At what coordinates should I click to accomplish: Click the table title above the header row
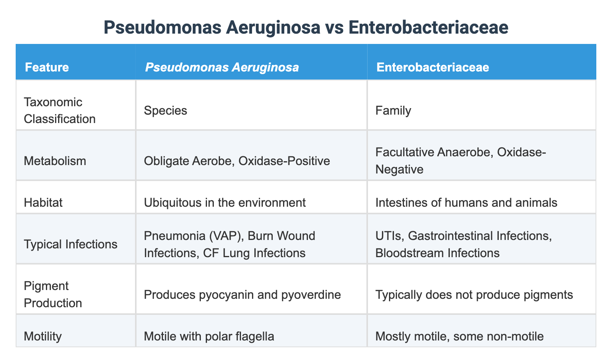(306, 28)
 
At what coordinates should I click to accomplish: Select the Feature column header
(47, 67)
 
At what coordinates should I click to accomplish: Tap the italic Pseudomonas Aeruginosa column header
(221, 67)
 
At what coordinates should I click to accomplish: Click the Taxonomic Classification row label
(59, 110)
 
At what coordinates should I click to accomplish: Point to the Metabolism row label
(55, 160)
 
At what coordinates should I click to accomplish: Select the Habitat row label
(43, 202)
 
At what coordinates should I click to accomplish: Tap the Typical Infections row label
(70, 244)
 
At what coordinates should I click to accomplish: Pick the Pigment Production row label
(53, 294)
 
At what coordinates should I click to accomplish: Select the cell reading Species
(166, 110)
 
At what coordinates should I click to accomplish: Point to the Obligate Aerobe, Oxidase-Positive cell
(237, 160)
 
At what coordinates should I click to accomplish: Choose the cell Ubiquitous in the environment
(225, 202)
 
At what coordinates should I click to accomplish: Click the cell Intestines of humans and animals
(466, 202)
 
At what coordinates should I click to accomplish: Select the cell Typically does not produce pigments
(474, 294)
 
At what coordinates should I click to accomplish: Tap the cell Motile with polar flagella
(209, 336)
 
